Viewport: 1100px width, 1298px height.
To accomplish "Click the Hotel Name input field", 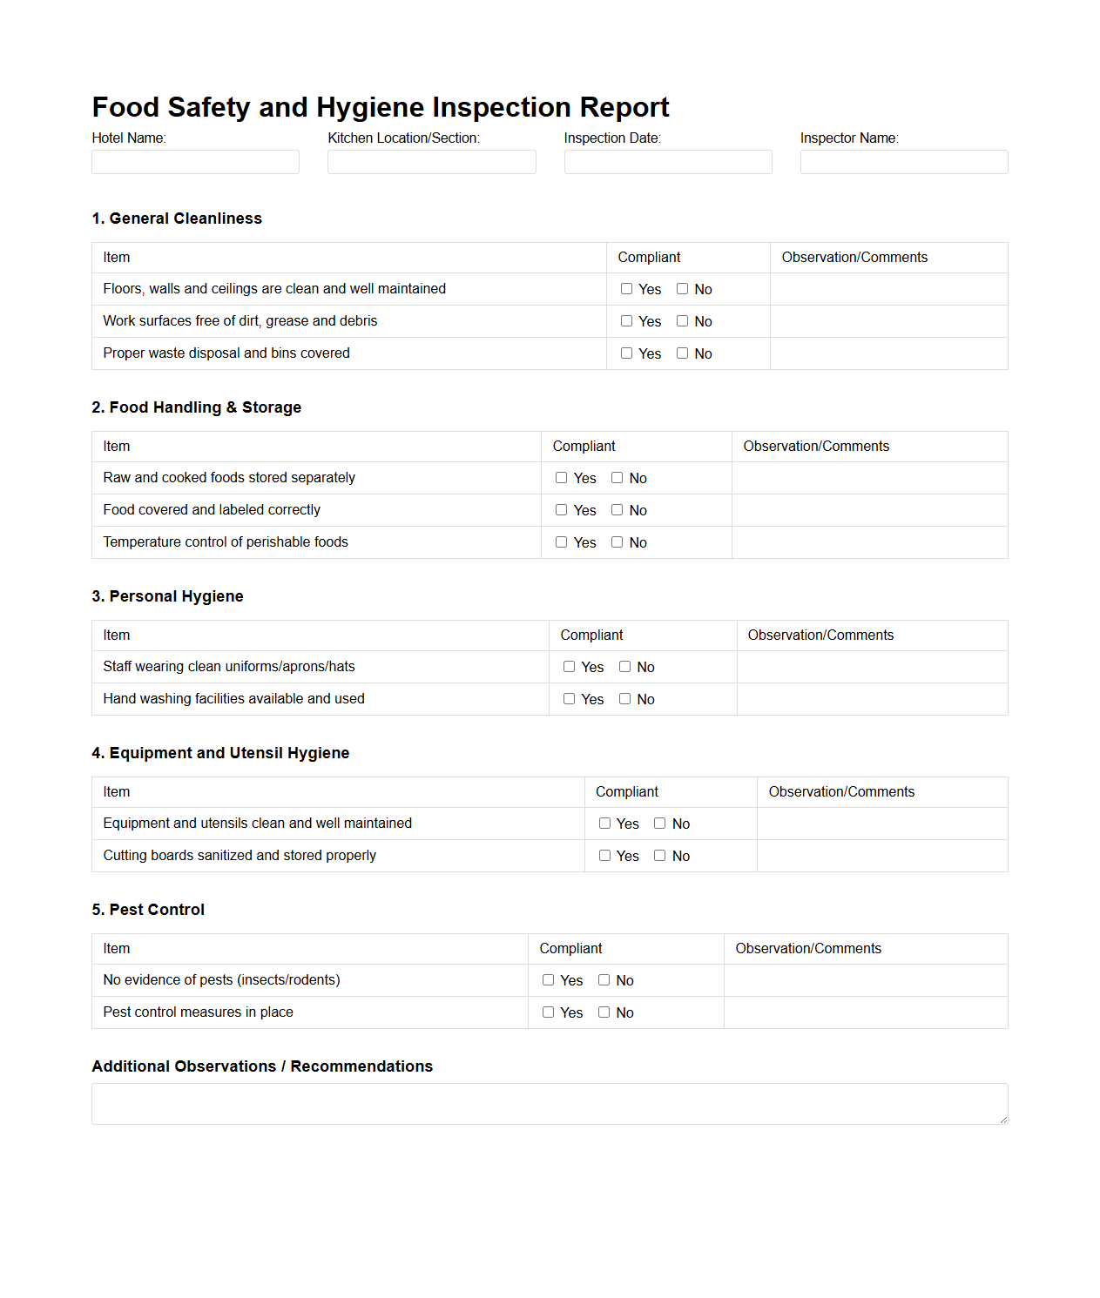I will coord(195,162).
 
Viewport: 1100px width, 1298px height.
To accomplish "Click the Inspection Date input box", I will coord(667,162).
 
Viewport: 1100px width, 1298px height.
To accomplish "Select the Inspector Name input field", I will coord(903,162).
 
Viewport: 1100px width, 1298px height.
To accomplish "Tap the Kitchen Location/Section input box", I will coord(431,162).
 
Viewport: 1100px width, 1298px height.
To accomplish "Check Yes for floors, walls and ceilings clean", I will coord(626,289).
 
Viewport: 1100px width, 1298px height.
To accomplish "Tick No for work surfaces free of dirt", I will coord(682,321).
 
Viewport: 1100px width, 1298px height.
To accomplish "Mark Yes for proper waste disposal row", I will coord(626,353).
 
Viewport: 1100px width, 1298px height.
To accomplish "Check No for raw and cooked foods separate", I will coord(617,478).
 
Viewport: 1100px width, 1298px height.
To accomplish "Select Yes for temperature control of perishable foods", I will coord(561,542).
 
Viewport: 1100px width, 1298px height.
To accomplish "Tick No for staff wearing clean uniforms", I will coord(624,667).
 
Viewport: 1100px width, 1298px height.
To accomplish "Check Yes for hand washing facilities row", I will coord(569,699).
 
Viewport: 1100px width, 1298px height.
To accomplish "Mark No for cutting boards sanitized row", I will coord(659,856).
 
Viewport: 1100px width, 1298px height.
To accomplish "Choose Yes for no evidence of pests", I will coord(548,980).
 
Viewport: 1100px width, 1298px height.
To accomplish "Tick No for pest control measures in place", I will coord(604,1012).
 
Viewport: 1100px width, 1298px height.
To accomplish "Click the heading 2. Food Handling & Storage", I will coord(196,407).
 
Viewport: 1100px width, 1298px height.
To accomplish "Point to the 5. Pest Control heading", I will coord(148,910).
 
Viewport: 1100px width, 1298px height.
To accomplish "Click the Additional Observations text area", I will coord(549,1104).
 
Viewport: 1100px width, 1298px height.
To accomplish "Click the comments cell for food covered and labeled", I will coord(869,510).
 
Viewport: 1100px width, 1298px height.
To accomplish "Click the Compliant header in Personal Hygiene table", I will coord(591,636).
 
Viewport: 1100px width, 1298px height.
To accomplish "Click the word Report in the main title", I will coord(624,107).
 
